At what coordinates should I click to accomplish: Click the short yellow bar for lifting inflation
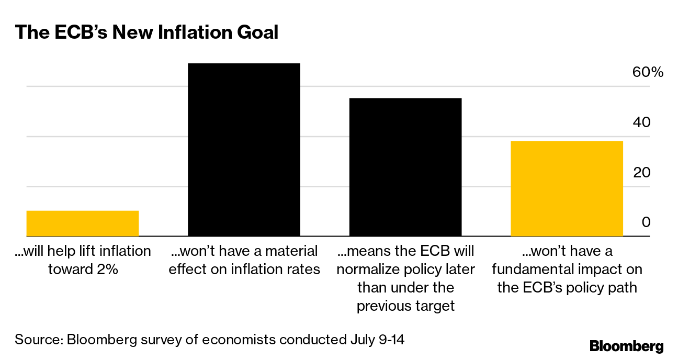point(82,223)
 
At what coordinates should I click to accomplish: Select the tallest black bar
point(244,150)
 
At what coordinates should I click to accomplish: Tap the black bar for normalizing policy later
point(405,167)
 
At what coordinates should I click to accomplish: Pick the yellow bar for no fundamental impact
point(567,188)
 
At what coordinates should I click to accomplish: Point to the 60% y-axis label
point(648,72)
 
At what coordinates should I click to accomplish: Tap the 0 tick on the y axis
point(646,222)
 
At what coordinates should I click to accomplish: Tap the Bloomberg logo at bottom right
point(626,346)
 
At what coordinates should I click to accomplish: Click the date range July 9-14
point(376,340)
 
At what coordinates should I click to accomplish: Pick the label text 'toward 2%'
point(82,269)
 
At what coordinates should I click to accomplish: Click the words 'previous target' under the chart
point(405,306)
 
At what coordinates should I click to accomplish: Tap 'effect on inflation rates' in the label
point(244,269)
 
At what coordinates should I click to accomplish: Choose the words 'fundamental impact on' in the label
point(567,269)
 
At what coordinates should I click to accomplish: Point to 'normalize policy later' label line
point(405,269)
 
